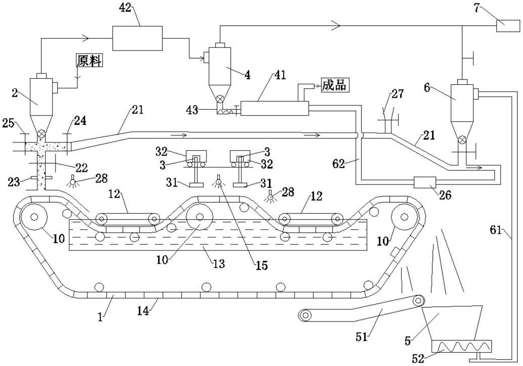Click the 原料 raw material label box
tap(89, 61)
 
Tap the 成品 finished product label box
tap(335, 85)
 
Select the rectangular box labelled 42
tap(137, 38)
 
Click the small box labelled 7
tap(508, 26)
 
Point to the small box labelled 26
tap(425, 182)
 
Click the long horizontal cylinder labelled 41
tap(275, 108)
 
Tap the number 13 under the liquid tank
tap(219, 264)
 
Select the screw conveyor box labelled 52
tap(461, 346)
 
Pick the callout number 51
tap(362, 337)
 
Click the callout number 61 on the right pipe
tap(496, 230)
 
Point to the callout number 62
tap(338, 164)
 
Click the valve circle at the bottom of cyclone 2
tap(41, 134)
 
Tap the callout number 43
tap(192, 110)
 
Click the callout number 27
tap(398, 94)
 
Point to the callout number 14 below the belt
tap(143, 311)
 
